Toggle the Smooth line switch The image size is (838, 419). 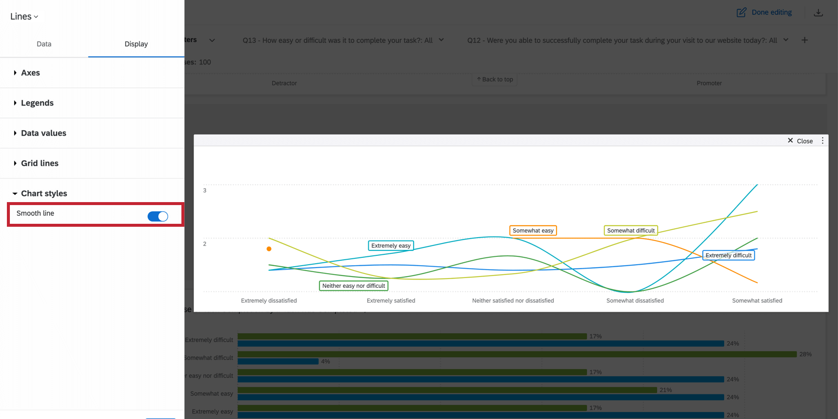[158, 216]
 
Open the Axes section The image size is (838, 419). [30, 73]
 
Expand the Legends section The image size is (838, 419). [37, 103]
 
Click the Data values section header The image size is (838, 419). [43, 133]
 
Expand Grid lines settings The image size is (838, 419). [39, 163]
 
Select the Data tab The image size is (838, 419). [44, 44]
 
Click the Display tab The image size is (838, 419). [136, 44]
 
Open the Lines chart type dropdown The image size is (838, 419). [24, 16]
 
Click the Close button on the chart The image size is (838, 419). [800, 141]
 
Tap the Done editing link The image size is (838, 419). [765, 12]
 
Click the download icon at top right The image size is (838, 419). [818, 13]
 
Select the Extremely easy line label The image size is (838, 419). [390, 245]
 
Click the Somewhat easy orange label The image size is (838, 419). [533, 231]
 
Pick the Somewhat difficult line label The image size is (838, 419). [630, 231]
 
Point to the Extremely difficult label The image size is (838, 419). [728, 255]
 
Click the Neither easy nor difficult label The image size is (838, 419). [353, 286]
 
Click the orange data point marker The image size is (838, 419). [269, 249]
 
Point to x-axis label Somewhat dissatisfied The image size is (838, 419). [635, 301]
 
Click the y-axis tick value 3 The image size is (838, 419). [205, 190]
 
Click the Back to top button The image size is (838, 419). [494, 79]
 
